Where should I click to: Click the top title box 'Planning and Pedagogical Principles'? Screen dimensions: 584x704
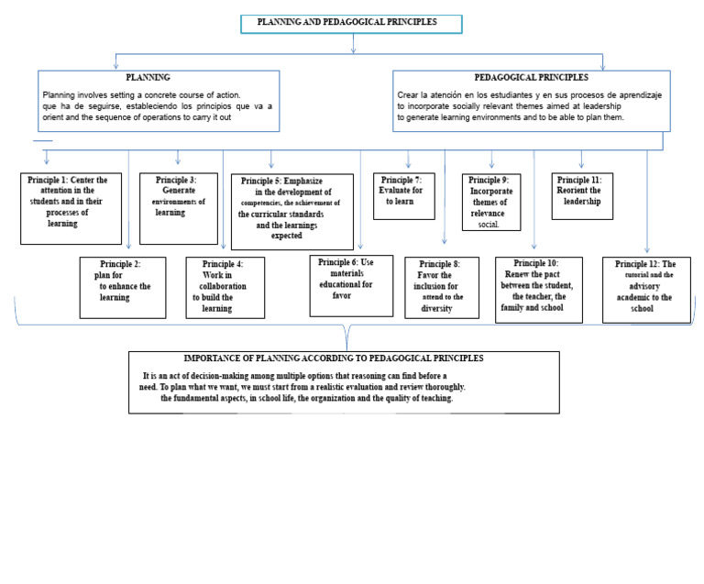coord(351,23)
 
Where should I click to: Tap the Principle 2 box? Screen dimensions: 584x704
coord(123,287)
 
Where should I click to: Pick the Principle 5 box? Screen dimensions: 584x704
coord(291,211)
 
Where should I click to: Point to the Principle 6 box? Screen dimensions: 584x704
coord(351,285)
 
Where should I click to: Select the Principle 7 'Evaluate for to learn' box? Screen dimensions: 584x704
coord(403,195)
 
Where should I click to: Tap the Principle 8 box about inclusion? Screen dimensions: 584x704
coord(442,287)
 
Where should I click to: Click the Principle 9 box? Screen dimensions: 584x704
coord(491,202)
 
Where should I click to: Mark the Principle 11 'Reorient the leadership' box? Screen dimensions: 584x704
coord(582,195)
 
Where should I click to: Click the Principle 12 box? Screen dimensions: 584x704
coord(646,289)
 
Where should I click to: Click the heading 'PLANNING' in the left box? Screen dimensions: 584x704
coord(148,78)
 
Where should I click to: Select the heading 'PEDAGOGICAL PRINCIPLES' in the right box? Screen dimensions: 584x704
coord(531,78)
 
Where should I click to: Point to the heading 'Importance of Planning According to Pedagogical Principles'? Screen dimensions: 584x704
coord(334,358)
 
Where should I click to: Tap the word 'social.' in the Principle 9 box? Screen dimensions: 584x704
coord(489,224)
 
